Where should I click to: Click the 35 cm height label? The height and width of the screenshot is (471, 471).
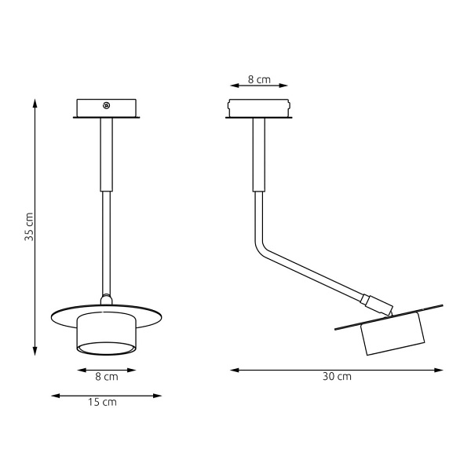click(x=29, y=226)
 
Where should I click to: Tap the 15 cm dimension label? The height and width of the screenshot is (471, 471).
click(x=104, y=402)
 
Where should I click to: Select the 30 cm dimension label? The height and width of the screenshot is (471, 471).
click(x=337, y=377)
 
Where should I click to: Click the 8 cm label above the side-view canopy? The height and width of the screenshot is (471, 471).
click(x=258, y=80)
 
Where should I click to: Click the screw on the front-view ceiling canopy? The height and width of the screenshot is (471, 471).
click(x=107, y=105)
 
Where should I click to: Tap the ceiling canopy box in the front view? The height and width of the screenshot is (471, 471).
click(x=106, y=108)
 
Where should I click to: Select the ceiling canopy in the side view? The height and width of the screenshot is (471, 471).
click(x=258, y=108)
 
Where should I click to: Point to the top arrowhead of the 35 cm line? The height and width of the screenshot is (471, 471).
click(x=36, y=102)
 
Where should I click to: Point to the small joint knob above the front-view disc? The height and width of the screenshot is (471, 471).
click(x=106, y=298)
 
